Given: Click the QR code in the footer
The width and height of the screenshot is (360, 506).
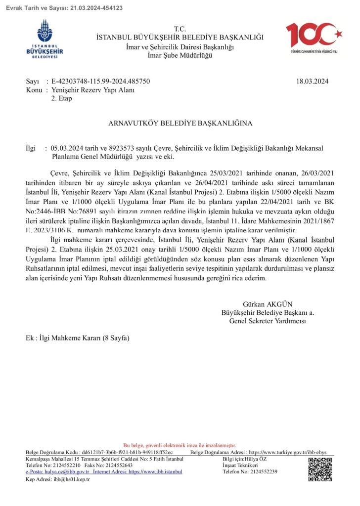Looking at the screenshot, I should tap(320, 469).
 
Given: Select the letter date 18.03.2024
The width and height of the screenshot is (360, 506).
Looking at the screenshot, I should tap(312, 82).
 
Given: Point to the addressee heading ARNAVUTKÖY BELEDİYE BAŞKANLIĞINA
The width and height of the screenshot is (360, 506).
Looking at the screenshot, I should tap(180, 123).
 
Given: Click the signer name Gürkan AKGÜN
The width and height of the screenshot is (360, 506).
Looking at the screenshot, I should tap(264, 304).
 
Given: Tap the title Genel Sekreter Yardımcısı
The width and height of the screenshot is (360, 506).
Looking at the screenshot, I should tap(268, 321).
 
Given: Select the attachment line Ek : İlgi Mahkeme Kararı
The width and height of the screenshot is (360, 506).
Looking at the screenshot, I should tap(78, 338).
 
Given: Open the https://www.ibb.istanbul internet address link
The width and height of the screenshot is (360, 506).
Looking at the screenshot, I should tap(155, 471).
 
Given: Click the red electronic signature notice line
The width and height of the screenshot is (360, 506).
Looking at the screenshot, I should tap(180, 445).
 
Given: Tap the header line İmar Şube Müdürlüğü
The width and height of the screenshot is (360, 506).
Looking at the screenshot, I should tap(180, 55).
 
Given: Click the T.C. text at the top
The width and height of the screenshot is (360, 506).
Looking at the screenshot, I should tap(180, 30).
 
